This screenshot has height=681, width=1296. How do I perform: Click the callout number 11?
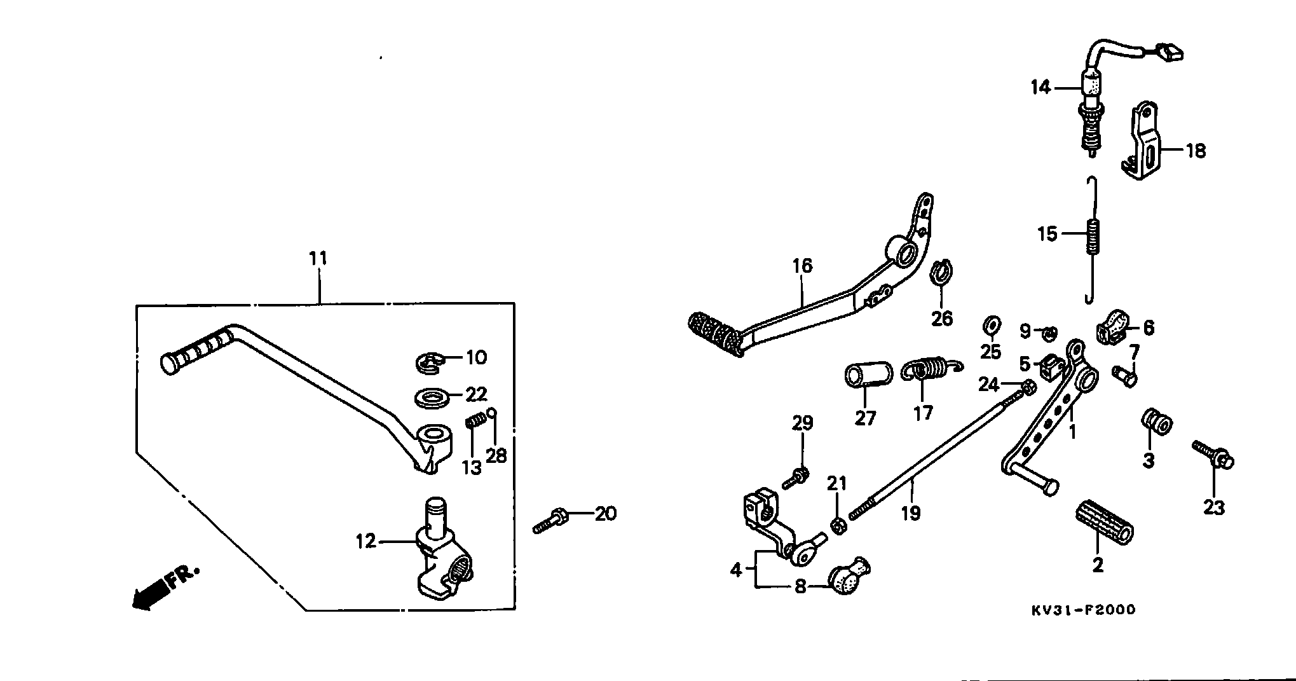[318, 259]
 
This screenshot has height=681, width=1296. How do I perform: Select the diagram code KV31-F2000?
[1083, 610]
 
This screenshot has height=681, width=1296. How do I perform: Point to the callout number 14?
[1040, 87]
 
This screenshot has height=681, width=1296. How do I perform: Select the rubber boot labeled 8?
[849, 575]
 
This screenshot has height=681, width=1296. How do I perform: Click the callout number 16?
[803, 266]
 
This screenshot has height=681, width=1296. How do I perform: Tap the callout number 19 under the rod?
[910, 513]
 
